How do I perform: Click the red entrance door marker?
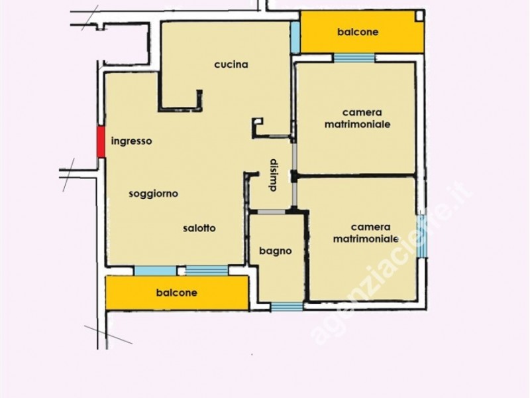(101, 142)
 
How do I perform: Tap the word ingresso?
(131, 141)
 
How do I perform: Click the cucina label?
(231, 64)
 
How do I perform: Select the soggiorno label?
(154, 194)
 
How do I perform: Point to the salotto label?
(199, 228)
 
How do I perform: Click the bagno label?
(276, 251)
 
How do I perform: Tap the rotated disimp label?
(273, 175)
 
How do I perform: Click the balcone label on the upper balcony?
(358, 32)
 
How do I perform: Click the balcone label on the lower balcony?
(177, 293)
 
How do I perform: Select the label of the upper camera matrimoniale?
(358, 119)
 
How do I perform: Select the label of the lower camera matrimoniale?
(366, 233)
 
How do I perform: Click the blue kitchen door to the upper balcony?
(295, 37)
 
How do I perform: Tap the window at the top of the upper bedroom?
(354, 58)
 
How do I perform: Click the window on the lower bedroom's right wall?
(421, 236)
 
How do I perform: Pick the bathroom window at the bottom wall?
(287, 306)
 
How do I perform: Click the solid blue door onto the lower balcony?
(156, 271)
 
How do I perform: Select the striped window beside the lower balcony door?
(207, 271)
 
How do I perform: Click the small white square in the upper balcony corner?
(419, 16)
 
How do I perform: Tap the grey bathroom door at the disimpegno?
(272, 212)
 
